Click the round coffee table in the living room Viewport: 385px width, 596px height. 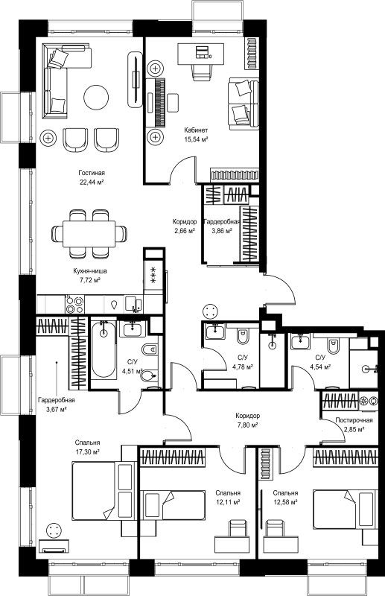coord(96,97)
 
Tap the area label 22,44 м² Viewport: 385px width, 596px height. coord(91,182)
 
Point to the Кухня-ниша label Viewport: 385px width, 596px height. coord(90,271)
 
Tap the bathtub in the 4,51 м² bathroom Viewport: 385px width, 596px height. coord(104,349)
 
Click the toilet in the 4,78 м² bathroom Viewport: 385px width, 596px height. coord(242,336)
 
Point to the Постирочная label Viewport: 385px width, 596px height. coord(354,420)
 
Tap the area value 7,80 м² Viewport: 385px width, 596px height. coord(246,425)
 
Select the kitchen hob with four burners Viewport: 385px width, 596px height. coord(74,305)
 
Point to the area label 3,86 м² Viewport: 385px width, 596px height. coord(222,230)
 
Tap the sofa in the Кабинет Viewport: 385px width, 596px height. coord(244,102)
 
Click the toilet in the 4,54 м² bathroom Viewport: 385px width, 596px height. coord(333,344)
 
